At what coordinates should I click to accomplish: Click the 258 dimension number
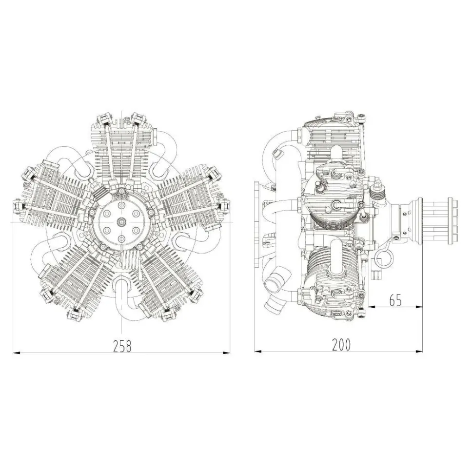[122, 346]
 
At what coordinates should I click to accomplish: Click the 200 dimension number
[341, 345]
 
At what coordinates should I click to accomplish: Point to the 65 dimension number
[396, 300]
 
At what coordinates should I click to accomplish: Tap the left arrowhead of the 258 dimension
[16, 353]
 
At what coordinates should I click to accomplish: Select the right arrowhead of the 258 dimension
[227, 353]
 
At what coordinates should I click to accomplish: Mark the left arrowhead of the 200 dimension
[258, 351]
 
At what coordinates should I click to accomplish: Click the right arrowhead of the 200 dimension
[419, 351]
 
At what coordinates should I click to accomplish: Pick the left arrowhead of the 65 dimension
[372, 307]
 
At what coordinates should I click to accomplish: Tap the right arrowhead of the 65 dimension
[419, 307]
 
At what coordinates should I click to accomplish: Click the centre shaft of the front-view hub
[121, 222]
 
